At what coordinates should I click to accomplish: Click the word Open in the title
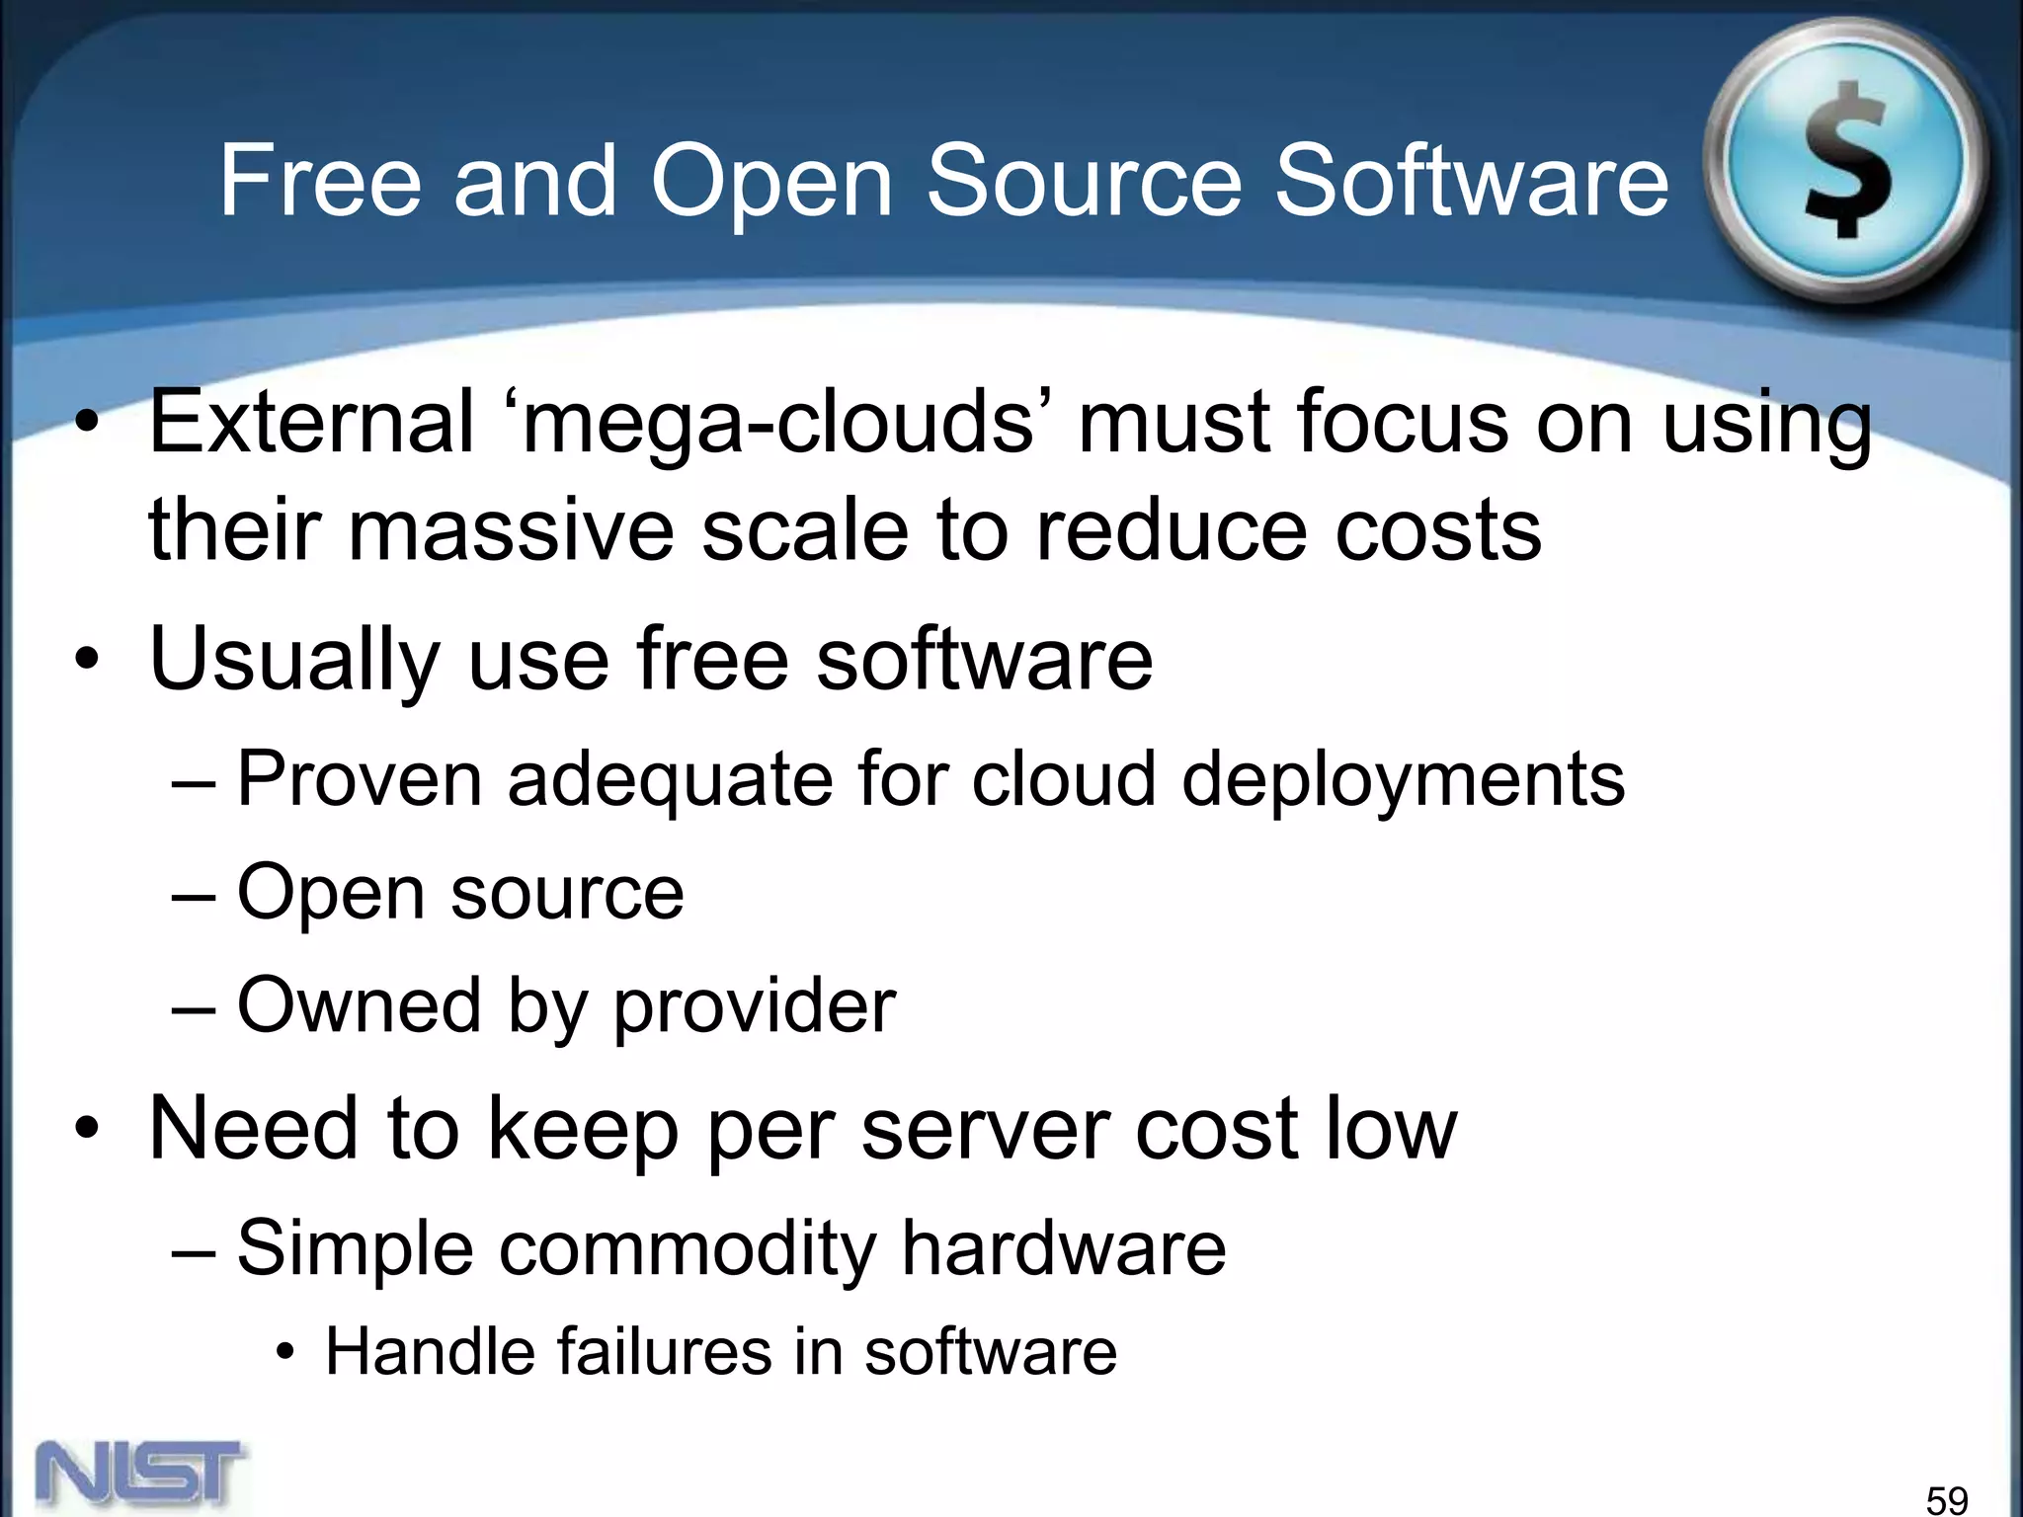click(771, 183)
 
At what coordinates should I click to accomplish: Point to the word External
click(311, 422)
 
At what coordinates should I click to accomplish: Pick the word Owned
click(358, 1004)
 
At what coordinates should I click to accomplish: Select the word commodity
click(688, 1249)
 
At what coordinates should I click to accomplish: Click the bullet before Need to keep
click(87, 1129)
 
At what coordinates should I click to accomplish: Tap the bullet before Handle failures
click(285, 1353)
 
